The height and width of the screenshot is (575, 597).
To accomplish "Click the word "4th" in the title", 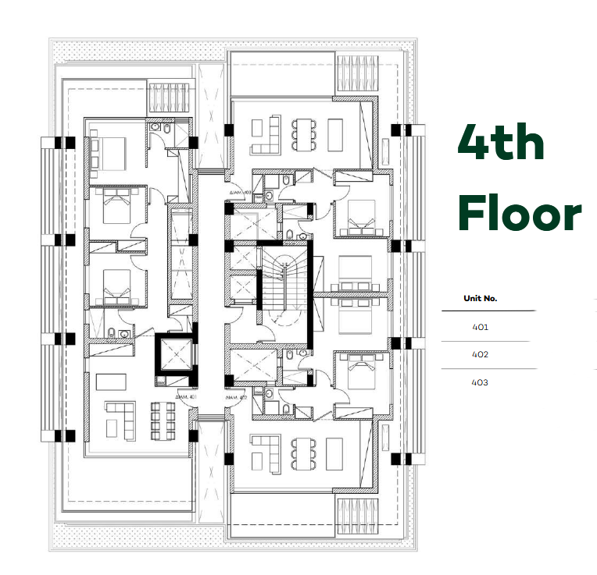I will point(501,142).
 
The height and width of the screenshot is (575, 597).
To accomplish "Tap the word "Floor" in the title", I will point(519,212).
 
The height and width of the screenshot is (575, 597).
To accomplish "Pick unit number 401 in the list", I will point(481,328).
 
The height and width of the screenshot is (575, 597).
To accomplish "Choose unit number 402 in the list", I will point(481,355).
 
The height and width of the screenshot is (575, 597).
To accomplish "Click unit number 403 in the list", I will point(481,382).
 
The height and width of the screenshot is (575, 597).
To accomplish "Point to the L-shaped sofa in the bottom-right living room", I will point(264,453).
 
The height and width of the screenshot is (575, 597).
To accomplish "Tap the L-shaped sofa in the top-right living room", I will point(264,133).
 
